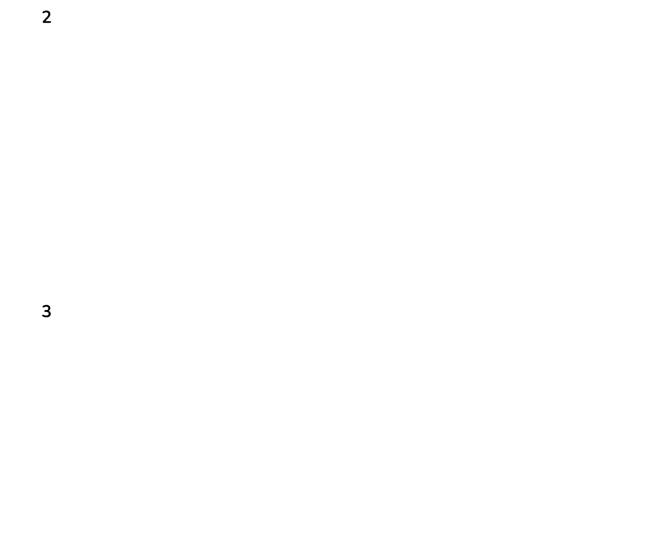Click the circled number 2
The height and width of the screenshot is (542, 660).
point(47,17)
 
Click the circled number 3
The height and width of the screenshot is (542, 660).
point(47,311)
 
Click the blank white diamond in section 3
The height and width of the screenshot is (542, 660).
point(307,362)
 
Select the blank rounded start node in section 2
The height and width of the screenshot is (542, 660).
point(110,30)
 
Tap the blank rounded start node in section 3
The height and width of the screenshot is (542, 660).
point(67,362)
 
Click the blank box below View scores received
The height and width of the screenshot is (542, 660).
point(110,229)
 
